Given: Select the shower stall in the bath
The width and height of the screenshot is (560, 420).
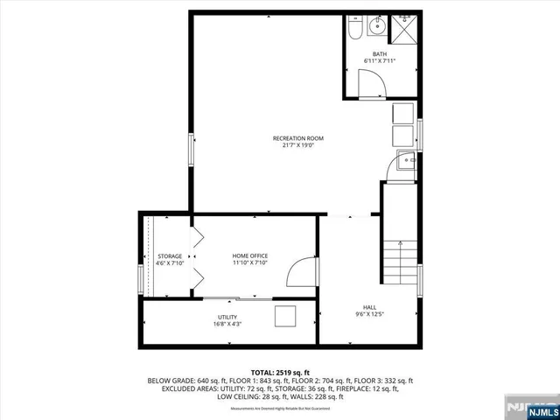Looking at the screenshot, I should tap(404, 28).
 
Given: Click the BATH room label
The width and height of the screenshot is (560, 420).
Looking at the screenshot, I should tap(380, 54).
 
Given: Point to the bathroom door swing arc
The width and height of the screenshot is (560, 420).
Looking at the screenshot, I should tap(372, 83).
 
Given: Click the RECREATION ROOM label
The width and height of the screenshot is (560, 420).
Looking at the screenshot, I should tap(298, 138).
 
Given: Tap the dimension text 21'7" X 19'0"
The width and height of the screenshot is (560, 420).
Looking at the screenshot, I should tap(298, 146).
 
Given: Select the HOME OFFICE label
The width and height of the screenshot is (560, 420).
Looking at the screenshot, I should tap(248, 255).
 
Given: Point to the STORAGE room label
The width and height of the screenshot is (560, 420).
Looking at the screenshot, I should tap(170, 255).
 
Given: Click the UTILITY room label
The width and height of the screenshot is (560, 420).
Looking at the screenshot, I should tap(227, 317).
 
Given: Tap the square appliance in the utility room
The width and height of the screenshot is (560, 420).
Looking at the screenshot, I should tap(285, 316).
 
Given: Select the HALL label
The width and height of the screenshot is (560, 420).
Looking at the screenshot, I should tap(370, 307).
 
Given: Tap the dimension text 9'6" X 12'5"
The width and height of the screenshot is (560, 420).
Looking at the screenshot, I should tap(370, 315).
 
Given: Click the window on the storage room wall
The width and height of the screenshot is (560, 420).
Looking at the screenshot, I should tap(140, 280).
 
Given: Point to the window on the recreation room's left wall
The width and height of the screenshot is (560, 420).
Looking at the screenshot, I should tap(190, 149).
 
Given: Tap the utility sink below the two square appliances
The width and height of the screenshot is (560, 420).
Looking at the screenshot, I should tap(406, 163).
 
